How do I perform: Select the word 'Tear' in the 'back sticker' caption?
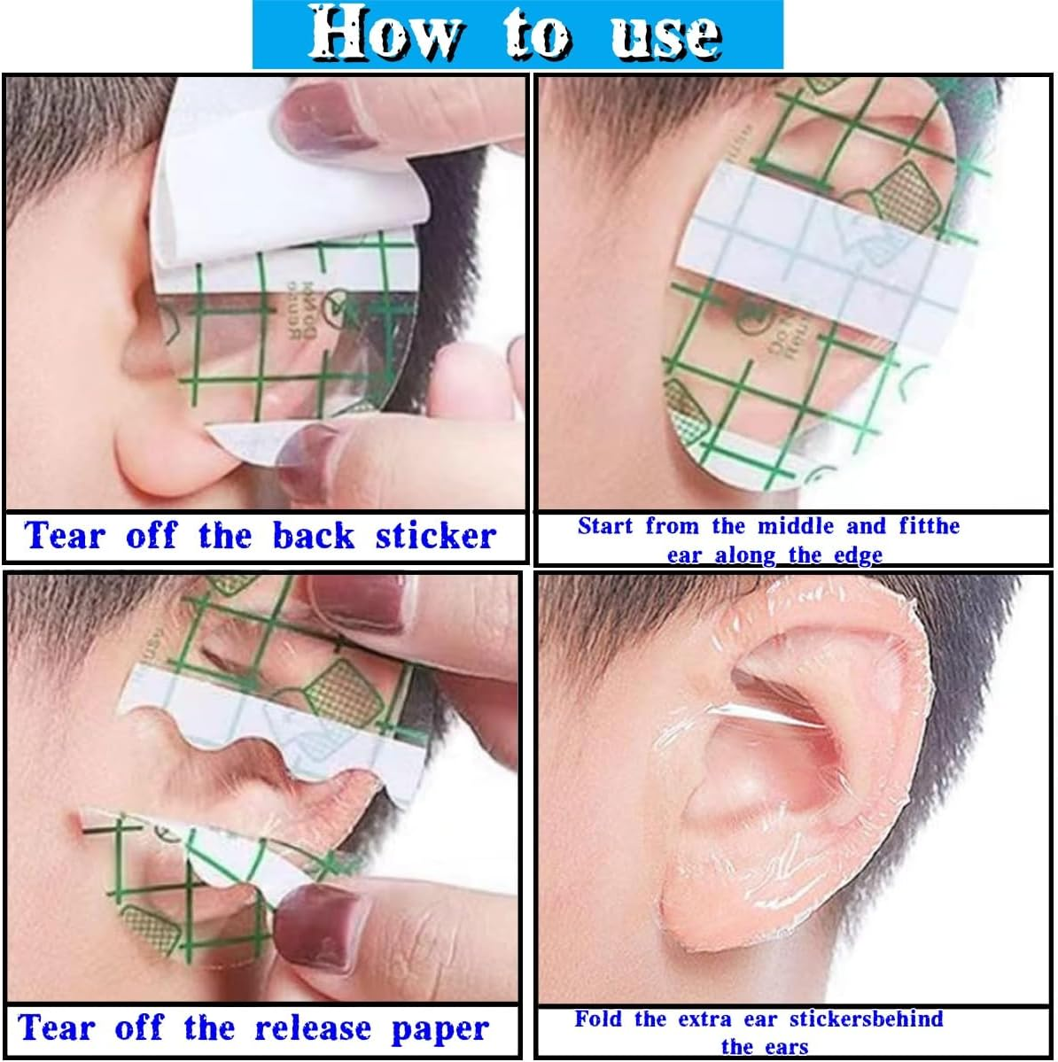(x=66, y=536)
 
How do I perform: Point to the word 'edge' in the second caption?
(x=858, y=555)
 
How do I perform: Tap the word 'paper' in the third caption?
(x=440, y=1030)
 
